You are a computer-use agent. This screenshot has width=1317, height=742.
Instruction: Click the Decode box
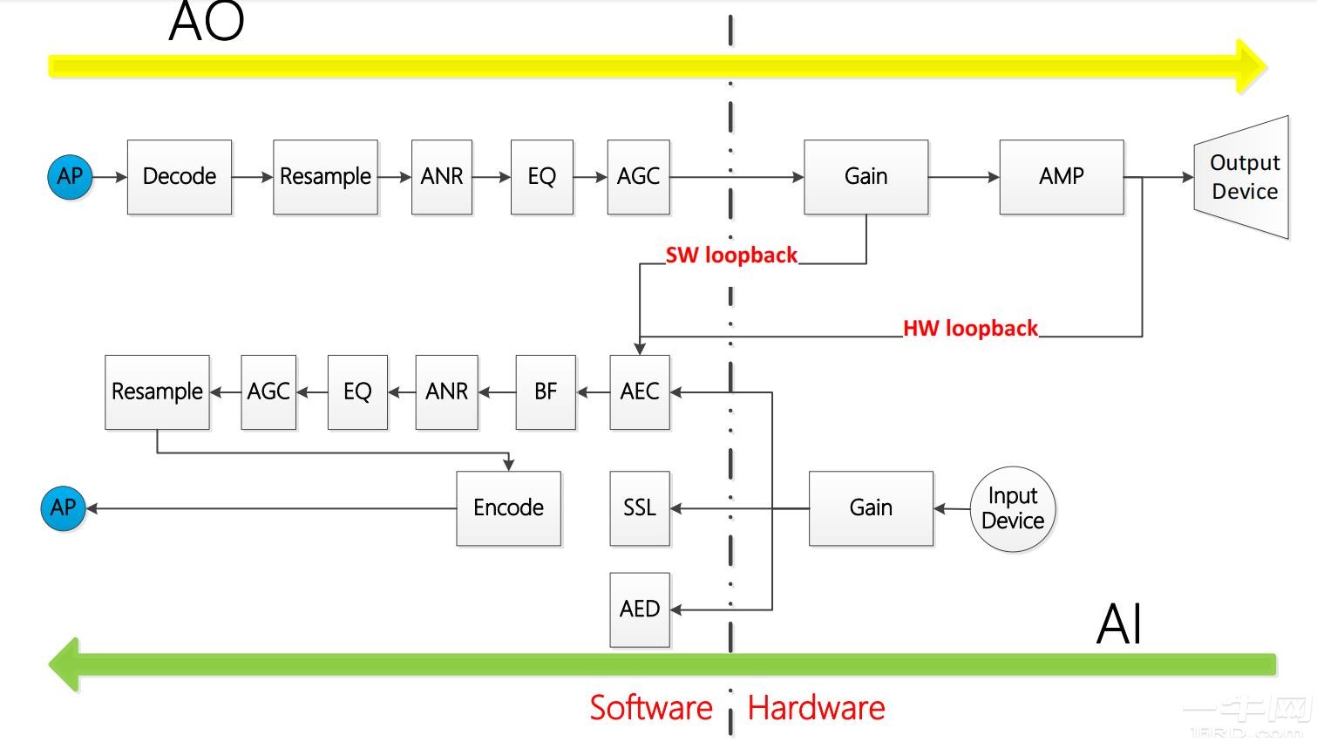180,177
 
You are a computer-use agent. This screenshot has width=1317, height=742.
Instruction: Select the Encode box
508,508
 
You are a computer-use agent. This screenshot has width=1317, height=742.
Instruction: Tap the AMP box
1061,177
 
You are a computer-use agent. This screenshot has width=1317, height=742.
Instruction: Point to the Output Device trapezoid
1242,177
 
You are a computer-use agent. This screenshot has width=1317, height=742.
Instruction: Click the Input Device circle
1013,508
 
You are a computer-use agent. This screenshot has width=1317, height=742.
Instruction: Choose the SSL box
640,508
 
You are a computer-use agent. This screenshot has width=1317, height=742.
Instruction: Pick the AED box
640,609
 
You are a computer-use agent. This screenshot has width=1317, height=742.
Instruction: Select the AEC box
640,392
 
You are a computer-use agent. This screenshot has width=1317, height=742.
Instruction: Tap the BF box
546,392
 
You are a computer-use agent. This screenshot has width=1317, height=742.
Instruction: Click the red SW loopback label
731,255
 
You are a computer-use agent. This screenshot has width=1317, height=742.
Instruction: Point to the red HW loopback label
970,329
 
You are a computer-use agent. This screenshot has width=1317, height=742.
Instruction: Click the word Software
651,708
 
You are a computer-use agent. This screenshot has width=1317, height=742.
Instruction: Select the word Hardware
816,708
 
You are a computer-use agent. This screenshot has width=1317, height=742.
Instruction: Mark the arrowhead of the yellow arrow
1252,66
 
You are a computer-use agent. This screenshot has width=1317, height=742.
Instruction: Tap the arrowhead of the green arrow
64,664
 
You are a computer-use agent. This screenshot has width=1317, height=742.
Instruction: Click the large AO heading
206,23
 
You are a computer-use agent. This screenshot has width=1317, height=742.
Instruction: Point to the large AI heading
1118,624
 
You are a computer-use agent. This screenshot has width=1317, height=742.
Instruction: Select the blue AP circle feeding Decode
70,177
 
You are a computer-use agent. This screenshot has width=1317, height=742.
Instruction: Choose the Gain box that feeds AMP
866,177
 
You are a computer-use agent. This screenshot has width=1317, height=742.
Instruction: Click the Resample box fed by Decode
325,177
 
